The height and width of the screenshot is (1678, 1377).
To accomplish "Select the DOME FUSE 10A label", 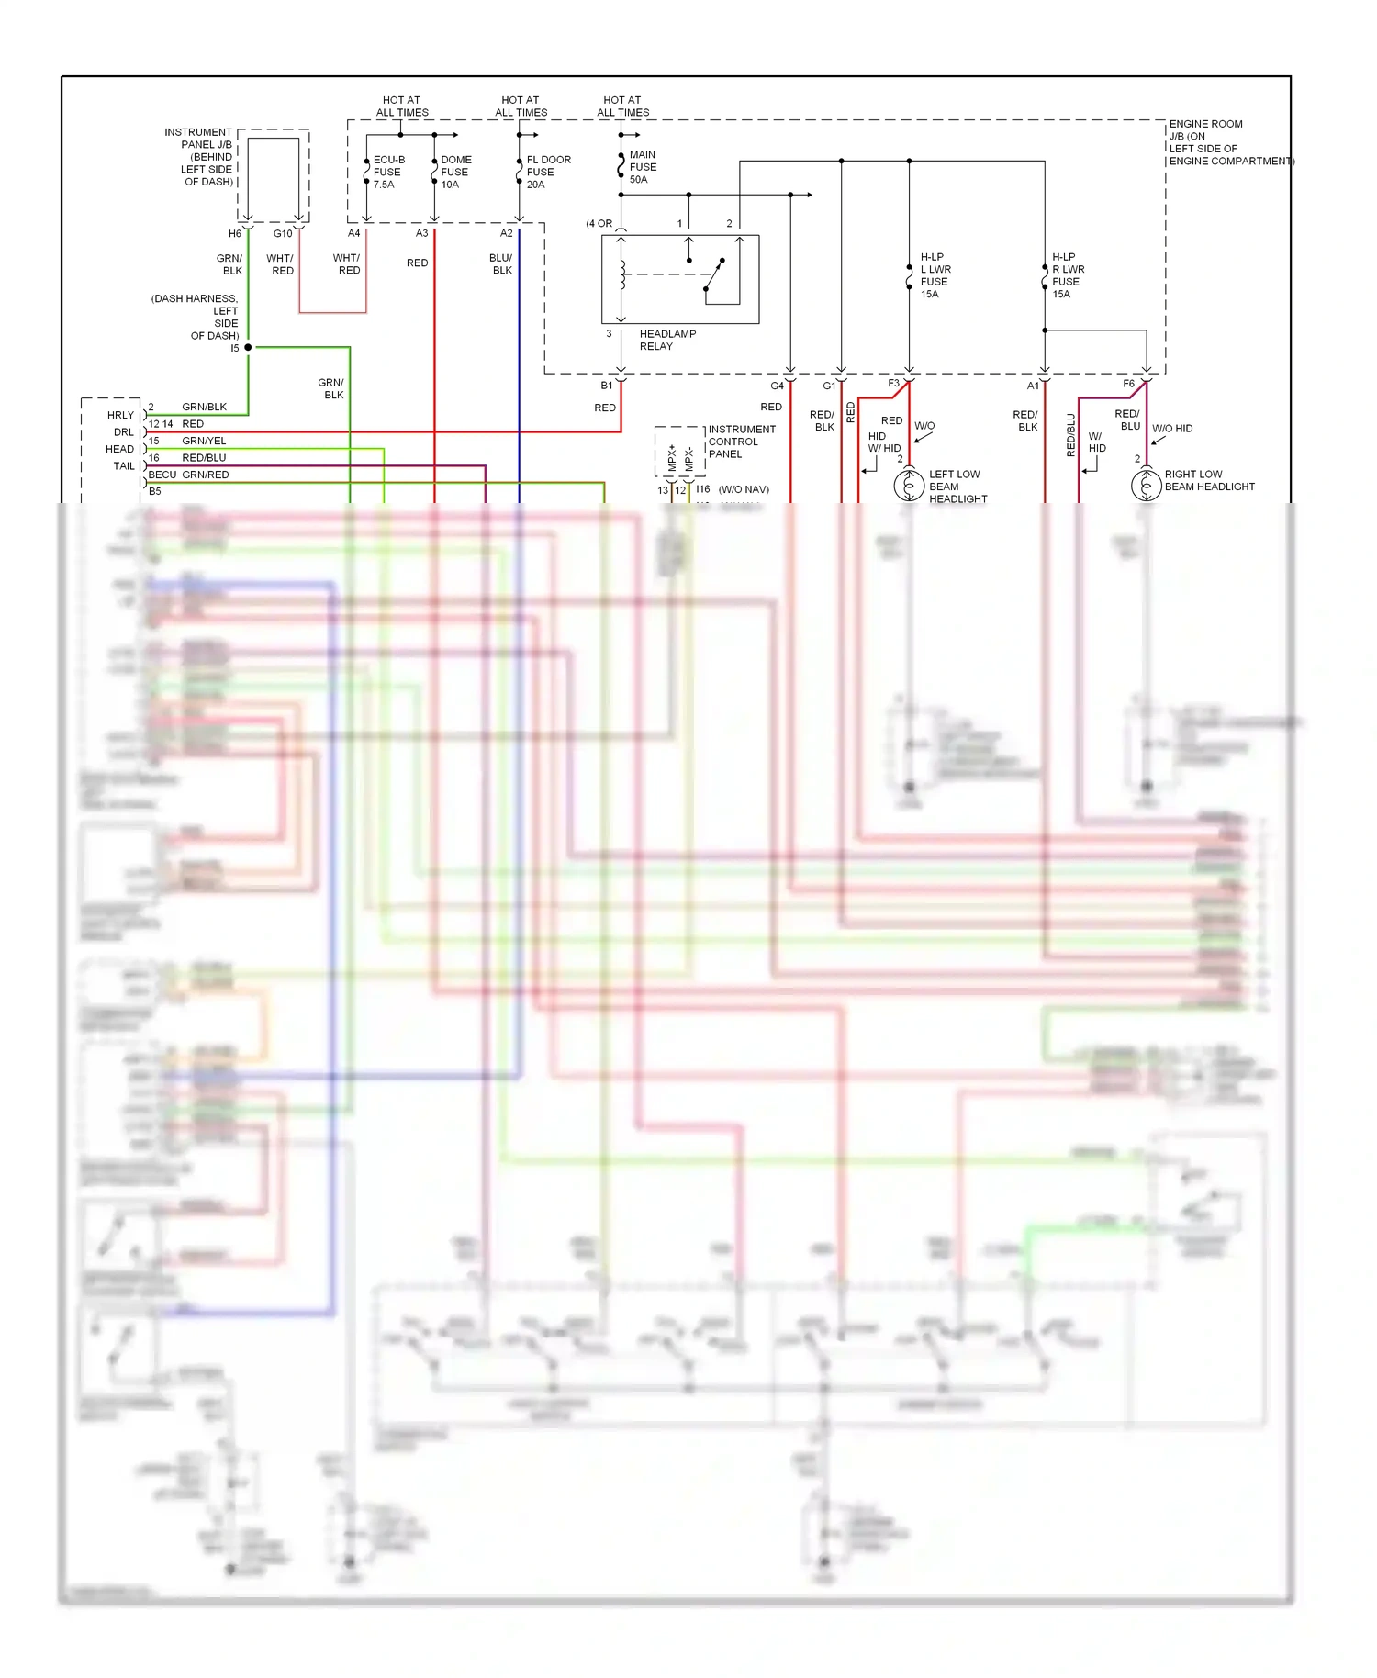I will (x=455, y=172).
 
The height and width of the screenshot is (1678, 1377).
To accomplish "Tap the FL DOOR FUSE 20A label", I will (x=548, y=172).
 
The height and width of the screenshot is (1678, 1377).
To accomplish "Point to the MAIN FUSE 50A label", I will (x=643, y=167).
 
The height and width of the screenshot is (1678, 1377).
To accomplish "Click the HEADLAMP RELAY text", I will (x=667, y=340).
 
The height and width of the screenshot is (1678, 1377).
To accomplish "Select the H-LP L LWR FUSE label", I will (x=935, y=275).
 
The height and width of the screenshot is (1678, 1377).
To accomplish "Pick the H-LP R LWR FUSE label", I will (x=1068, y=275).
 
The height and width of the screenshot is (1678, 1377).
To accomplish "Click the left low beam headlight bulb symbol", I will (x=909, y=485).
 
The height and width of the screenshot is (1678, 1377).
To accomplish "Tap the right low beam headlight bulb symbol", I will (x=1146, y=485).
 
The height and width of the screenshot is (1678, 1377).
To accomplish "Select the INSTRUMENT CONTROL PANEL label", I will (x=741, y=442).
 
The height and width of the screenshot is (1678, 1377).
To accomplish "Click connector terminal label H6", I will (x=235, y=234).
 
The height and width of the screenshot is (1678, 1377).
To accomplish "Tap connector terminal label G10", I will (x=283, y=234).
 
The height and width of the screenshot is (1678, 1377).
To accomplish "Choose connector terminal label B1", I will (x=607, y=386).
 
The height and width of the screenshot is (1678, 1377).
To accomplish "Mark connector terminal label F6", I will (x=1128, y=384).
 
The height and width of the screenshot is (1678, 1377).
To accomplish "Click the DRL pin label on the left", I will (x=123, y=432).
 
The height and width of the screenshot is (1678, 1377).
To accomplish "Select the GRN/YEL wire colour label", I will (x=204, y=441).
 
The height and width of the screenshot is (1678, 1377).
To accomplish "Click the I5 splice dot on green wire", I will (x=248, y=347).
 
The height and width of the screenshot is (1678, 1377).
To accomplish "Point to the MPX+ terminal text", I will (x=672, y=457).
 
